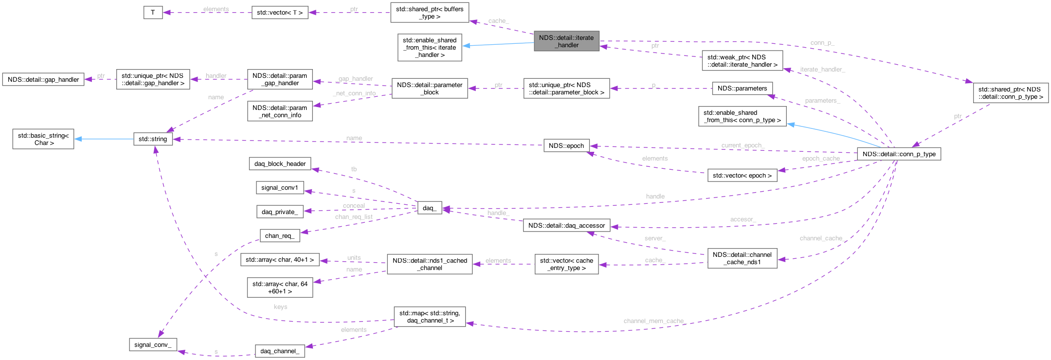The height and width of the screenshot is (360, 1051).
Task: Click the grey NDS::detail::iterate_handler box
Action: tap(566, 41)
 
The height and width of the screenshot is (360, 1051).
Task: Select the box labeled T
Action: tap(153, 13)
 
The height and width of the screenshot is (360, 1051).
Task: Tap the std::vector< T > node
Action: tap(280, 13)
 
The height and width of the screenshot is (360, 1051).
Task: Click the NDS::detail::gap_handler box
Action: tap(43, 79)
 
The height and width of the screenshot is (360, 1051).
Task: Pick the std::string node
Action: tap(153, 139)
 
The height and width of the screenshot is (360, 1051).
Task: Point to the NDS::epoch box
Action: tap(566, 145)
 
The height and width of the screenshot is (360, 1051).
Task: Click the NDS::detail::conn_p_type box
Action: tap(899, 154)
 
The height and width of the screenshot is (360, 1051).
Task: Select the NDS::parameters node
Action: tap(742, 88)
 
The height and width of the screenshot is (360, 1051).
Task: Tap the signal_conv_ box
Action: tap(153, 344)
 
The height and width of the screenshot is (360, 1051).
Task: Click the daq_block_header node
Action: tap(280, 163)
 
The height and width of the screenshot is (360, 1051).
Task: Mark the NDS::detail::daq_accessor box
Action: tap(566, 225)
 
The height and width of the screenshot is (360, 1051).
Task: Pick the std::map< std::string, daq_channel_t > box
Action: tap(430, 317)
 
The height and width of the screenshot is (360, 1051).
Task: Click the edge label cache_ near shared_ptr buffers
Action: tap(498, 21)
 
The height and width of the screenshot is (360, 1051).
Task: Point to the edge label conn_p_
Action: tap(822, 43)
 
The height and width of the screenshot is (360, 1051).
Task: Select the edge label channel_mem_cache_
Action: tap(654, 321)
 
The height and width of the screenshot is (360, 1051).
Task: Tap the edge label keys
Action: tap(280, 307)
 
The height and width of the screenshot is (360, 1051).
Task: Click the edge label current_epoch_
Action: tap(743, 145)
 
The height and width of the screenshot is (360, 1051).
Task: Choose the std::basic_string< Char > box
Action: tap(43, 139)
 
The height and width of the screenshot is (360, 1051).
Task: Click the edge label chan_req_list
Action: tap(354, 216)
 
